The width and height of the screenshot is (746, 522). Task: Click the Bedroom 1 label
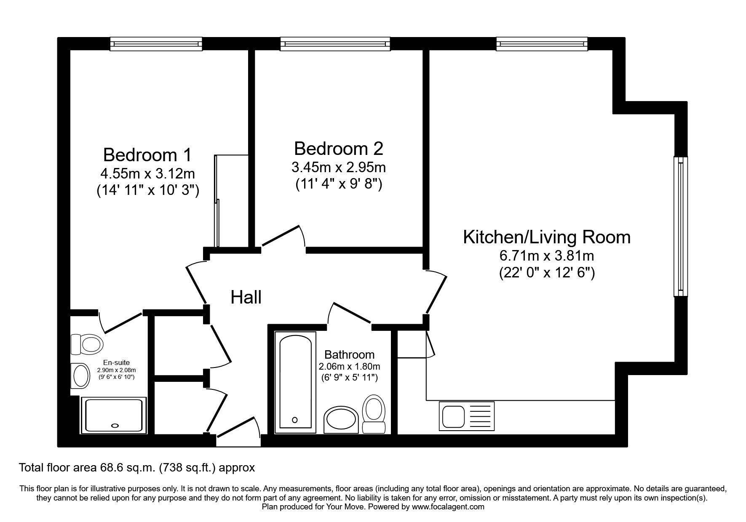147,155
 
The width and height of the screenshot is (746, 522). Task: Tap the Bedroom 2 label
339,149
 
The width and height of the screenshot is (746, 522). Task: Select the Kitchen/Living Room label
547,237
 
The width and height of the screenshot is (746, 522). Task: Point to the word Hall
246,297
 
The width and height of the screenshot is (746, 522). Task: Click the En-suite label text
116,362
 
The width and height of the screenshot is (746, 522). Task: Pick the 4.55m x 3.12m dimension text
147,173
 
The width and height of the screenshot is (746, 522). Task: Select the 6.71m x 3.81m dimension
547,256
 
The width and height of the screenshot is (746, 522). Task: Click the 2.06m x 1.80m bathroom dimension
350,366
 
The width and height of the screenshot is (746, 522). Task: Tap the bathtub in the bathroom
294,382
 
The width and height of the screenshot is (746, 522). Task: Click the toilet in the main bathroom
374,414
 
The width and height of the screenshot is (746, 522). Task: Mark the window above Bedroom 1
156,43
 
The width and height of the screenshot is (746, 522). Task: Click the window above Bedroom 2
335,43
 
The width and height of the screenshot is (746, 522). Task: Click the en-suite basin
80,376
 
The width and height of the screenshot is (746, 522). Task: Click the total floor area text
137,468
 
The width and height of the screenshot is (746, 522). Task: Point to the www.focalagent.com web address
448,507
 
